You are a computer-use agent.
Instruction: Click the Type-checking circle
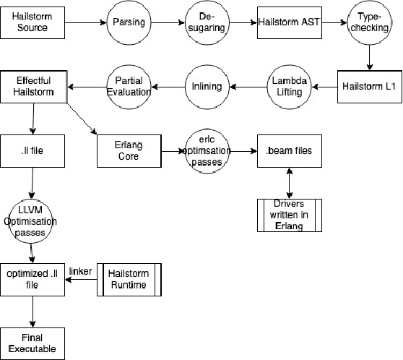click(370, 22)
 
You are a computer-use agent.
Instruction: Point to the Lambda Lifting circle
click(290, 86)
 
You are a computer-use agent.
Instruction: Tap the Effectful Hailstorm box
click(33, 87)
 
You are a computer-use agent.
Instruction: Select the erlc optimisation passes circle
click(206, 151)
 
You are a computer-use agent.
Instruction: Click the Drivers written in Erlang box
click(289, 213)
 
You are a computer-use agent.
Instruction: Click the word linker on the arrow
click(80, 271)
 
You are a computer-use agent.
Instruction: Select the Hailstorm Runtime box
click(128, 279)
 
